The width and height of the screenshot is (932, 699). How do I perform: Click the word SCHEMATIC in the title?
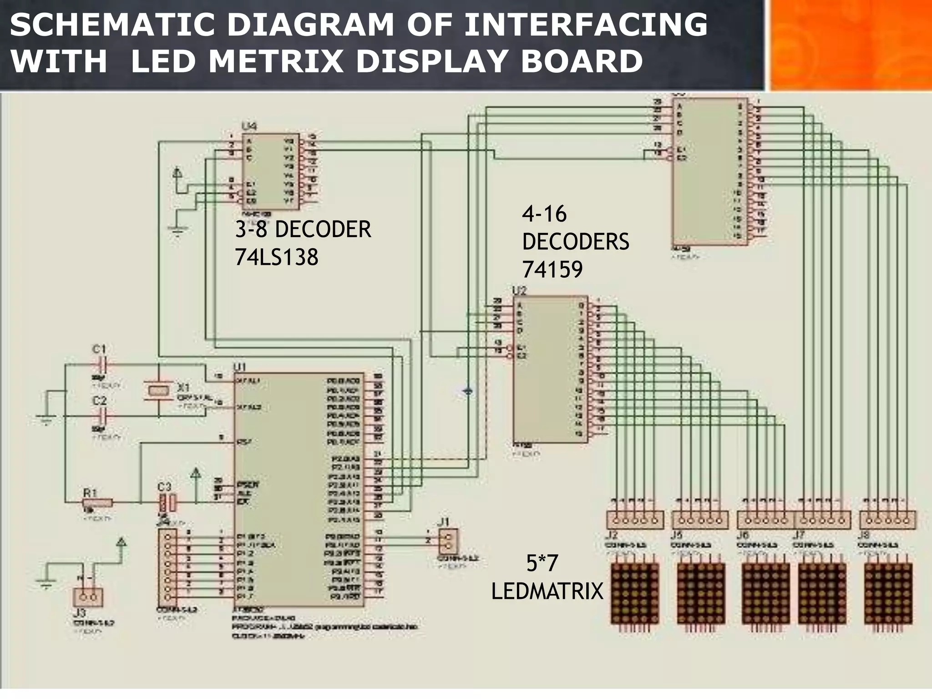[x=111, y=25]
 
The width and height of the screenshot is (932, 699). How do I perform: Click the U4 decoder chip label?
[x=249, y=126]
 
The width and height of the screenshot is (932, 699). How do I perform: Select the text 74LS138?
[x=276, y=258]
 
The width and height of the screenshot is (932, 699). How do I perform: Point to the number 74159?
[x=552, y=270]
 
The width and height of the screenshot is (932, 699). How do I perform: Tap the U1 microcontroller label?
[x=240, y=367]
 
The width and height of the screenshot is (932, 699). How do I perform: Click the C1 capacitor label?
[x=99, y=349]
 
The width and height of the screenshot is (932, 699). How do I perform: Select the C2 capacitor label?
[x=99, y=401]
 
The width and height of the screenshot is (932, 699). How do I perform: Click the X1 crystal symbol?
[x=158, y=390]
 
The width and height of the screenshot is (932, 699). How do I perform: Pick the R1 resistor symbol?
[x=97, y=502]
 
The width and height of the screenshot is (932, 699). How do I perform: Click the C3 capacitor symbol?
[x=167, y=503]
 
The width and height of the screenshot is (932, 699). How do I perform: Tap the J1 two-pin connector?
[x=448, y=542]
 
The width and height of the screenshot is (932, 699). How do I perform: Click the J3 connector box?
[x=88, y=597]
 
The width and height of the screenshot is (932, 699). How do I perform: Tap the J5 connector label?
[x=676, y=535]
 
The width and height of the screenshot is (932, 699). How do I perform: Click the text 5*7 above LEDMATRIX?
[x=542, y=564]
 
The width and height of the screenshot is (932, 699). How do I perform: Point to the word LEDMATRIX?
[x=547, y=592]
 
